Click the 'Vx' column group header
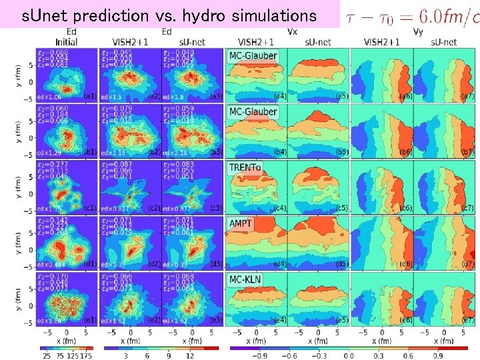click(x=292, y=31)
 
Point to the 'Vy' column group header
click(x=418, y=31)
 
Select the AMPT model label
click(x=241, y=223)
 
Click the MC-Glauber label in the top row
click(x=253, y=56)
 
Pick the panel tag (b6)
click(x=405, y=153)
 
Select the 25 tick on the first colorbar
click(x=47, y=357)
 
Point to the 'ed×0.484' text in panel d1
click(x=55, y=264)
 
